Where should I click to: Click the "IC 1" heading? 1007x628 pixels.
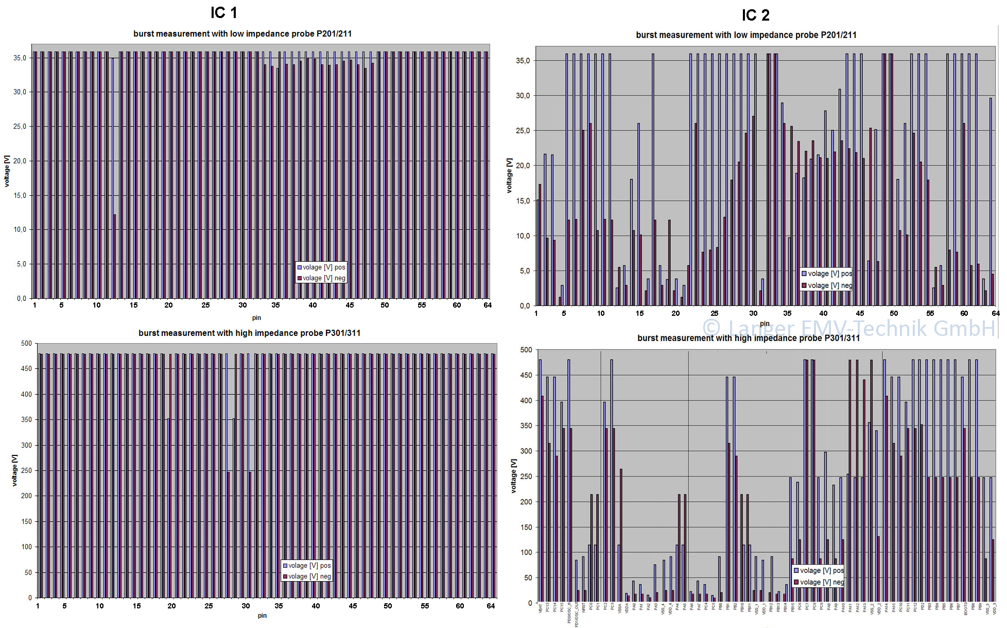(x=223, y=13)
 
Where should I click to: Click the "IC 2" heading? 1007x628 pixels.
(x=755, y=15)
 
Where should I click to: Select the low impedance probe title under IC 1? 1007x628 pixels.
(x=242, y=34)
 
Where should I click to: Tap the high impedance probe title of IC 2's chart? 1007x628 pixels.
(x=748, y=338)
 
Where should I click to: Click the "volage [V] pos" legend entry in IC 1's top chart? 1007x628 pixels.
(x=321, y=267)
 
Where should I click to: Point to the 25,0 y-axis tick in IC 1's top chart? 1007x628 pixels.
(x=20, y=127)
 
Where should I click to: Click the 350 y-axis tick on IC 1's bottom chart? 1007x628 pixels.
(x=26, y=420)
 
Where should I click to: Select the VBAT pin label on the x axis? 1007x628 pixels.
(x=541, y=609)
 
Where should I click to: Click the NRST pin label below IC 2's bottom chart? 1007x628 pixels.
(x=584, y=608)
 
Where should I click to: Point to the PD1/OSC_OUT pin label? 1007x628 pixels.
(x=577, y=615)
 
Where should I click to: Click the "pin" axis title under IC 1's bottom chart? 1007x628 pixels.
(x=262, y=616)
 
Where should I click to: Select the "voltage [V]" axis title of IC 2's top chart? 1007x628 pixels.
(x=509, y=176)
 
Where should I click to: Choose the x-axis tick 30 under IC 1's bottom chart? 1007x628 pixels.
(x=246, y=606)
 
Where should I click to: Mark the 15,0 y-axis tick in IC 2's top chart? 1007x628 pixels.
(x=523, y=201)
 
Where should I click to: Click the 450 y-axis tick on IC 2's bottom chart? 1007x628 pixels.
(x=526, y=375)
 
